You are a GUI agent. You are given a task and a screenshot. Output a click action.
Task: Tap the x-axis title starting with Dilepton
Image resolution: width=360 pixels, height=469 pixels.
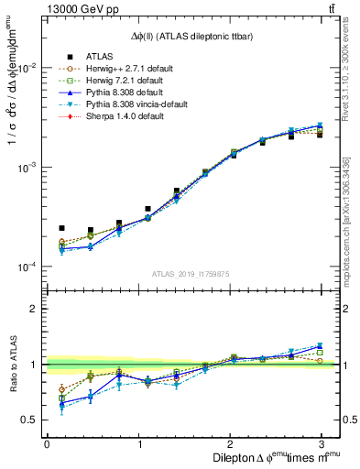[272, 456]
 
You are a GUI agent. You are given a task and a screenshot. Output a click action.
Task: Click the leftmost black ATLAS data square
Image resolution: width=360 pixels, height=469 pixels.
[62, 228]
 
